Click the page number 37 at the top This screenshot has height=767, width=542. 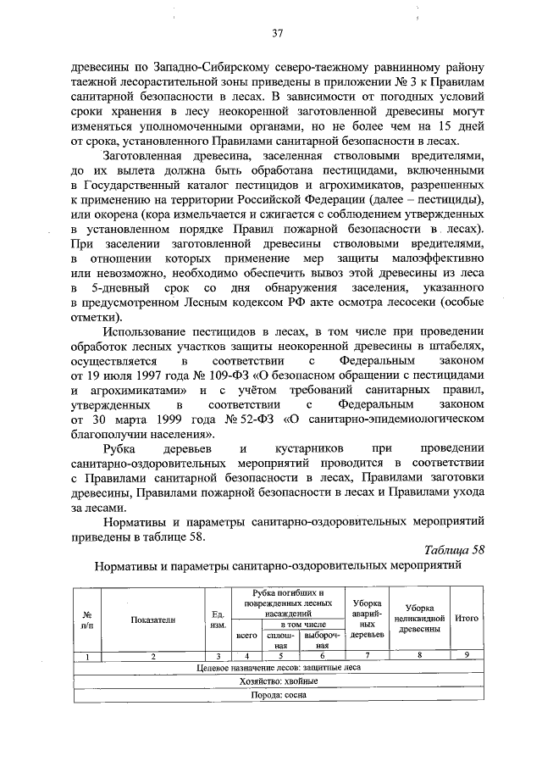coord(276,34)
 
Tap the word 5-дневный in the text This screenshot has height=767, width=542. coord(129,288)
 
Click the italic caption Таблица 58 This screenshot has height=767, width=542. coord(454,548)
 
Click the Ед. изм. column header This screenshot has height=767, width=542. coord(217,619)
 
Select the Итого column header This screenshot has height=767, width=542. coord(467,618)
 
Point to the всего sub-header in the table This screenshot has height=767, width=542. coord(246,634)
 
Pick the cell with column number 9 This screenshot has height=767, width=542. coord(467,655)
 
